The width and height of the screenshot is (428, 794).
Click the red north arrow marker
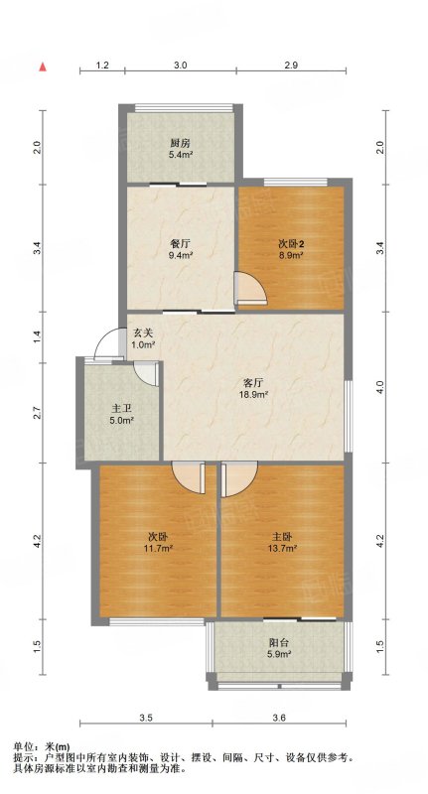click(44, 66)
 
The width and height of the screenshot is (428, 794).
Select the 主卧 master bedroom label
click(284, 536)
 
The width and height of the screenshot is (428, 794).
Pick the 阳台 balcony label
click(279, 643)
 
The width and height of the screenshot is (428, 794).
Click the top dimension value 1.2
click(102, 65)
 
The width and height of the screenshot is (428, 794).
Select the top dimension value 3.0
click(181, 65)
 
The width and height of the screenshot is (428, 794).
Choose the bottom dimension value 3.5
click(146, 717)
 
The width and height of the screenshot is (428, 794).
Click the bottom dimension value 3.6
click(279, 717)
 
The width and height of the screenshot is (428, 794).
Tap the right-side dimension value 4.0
click(382, 388)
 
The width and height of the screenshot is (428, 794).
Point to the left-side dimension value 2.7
click(36, 413)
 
